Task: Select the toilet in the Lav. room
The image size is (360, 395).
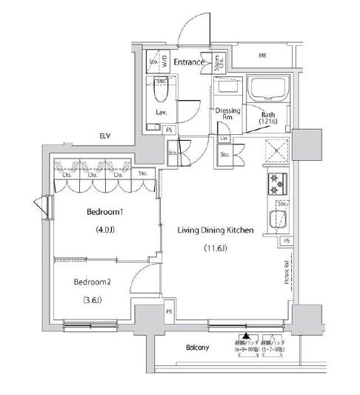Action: point(161,93)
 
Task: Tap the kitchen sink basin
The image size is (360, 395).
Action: point(279,220)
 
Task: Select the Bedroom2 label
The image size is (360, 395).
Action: point(91,282)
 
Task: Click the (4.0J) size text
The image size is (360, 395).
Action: point(107,230)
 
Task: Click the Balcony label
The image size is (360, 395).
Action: point(197,348)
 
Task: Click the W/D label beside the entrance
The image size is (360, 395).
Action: point(164,62)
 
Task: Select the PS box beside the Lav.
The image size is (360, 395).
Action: point(170,130)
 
